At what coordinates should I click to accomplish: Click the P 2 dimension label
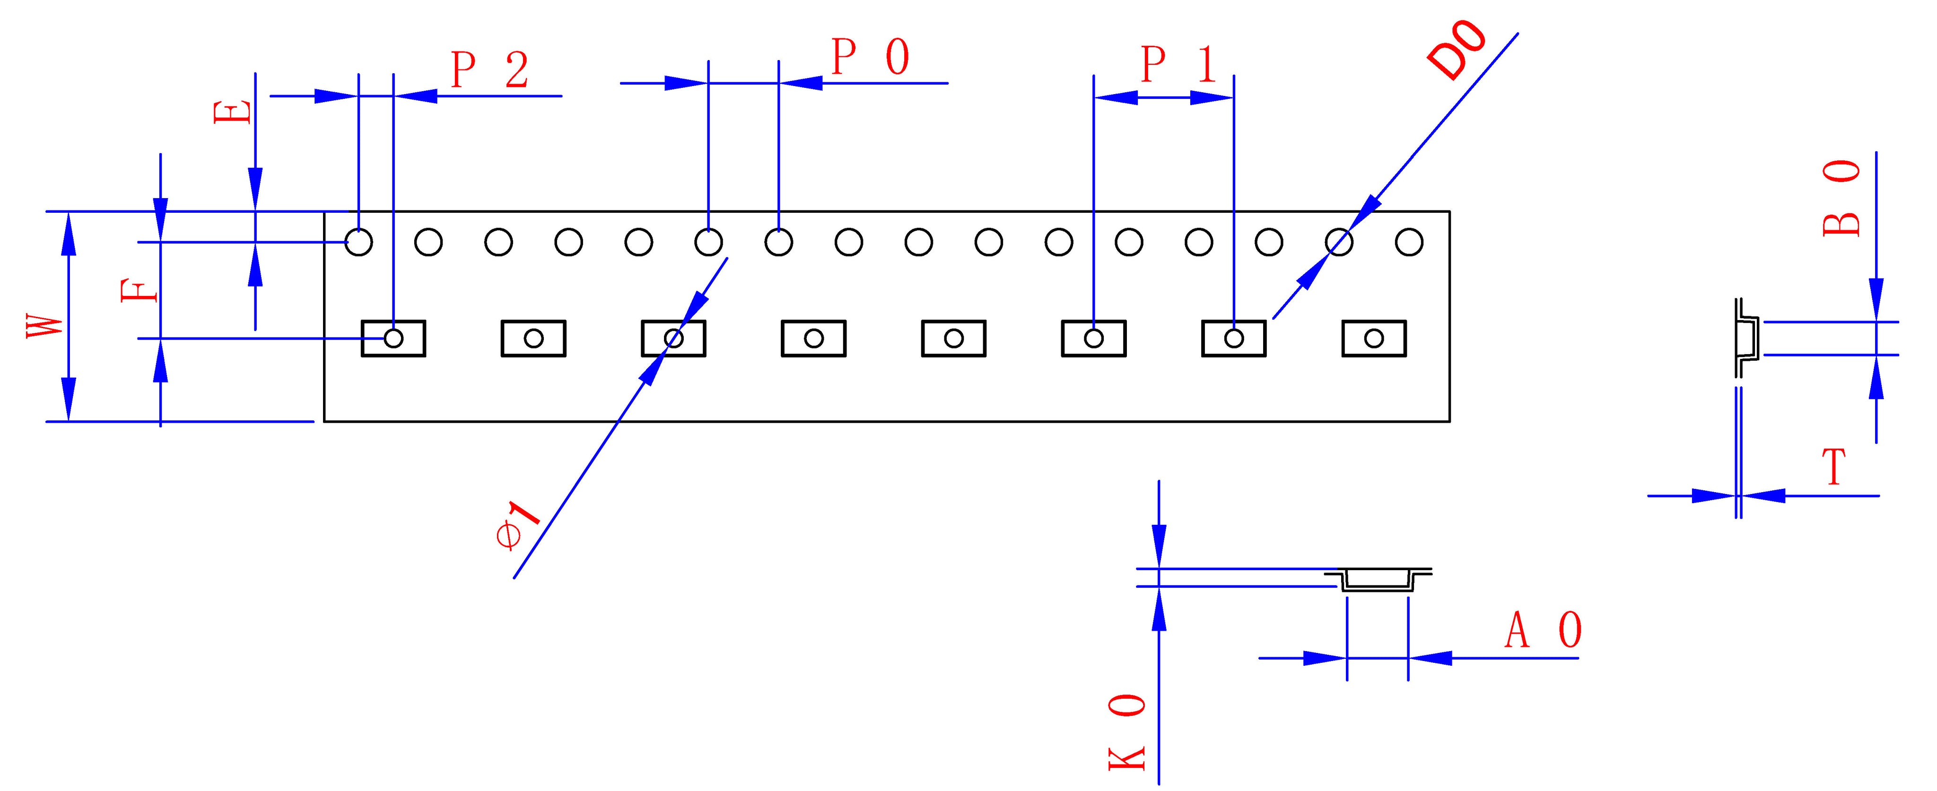coord(489,70)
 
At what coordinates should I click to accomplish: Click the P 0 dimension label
coord(870,57)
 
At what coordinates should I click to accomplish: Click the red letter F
coord(140,290)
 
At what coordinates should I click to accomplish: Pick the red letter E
coord(232,113)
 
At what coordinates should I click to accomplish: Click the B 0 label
coord(1841,199)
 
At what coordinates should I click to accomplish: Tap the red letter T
coord(1835,467)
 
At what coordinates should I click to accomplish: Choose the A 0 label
coord(1543,630)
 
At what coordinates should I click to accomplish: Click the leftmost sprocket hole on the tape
coord(358,242)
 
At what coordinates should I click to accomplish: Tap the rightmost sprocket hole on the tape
coord(1408,242)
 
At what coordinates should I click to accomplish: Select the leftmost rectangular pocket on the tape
coord(393,339)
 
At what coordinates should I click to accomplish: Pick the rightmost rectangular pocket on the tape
coord(1374,339)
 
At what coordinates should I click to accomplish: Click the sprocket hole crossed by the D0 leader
coord(1338,242)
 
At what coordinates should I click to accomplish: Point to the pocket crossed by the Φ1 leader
coord(673,339)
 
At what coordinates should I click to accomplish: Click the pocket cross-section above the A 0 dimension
coord(1378,580)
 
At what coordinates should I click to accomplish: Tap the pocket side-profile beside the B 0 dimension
coord(1749,339)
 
